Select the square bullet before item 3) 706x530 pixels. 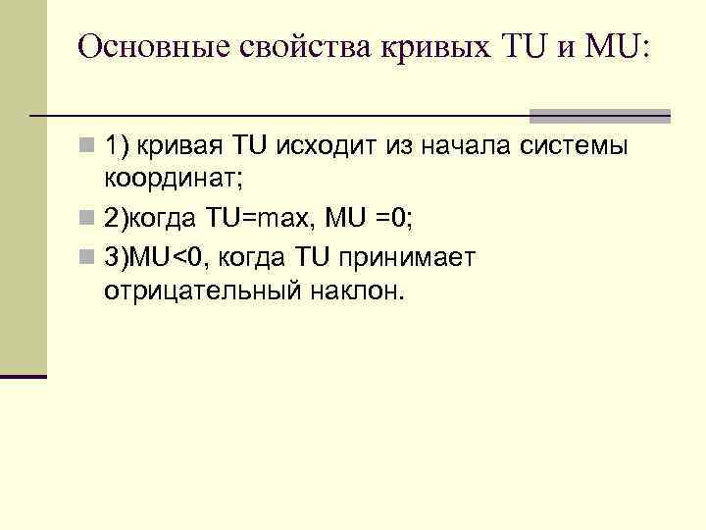click(88, 257)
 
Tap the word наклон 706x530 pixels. click(357, 291)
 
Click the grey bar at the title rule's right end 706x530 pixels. click(600, 116)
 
